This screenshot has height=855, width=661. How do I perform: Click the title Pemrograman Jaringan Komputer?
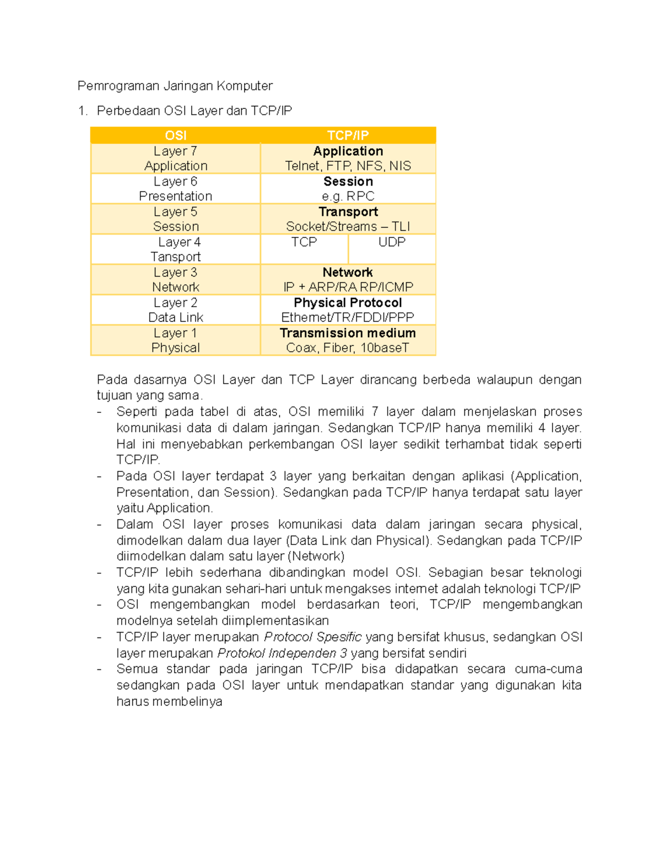(x=175, y=86)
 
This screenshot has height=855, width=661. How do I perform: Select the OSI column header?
(x=175, y=135)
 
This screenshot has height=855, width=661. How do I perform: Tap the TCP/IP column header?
(x=348, y=135)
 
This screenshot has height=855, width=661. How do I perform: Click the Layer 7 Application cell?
(x=175, y=159)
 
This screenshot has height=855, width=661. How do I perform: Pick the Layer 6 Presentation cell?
(x=175, y=189)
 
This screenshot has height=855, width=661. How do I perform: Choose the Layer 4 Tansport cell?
(x=175, y=249)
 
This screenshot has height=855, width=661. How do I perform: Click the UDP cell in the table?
(x=392, y=242)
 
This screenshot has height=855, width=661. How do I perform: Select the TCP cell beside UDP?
(x=304, y=242)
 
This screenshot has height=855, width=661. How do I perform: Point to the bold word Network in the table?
(x=348, y=273)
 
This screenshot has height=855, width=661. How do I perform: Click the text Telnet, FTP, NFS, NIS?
(x=348, y=166)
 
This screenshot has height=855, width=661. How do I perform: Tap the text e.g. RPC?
(x=348, y=197)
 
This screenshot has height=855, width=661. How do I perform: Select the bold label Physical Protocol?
(x=348, y=303)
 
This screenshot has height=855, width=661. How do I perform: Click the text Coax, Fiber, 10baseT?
(x=348, y=348)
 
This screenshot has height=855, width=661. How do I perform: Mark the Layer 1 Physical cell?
(x=175, y=340)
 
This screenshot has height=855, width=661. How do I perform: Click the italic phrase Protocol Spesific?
(x=312, y=637)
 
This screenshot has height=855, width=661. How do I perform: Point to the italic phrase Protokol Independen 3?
(x=282, y=653)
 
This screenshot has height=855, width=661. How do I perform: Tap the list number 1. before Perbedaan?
(x=83, y=111)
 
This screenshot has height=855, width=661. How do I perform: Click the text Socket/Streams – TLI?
(x=348, y=227)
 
